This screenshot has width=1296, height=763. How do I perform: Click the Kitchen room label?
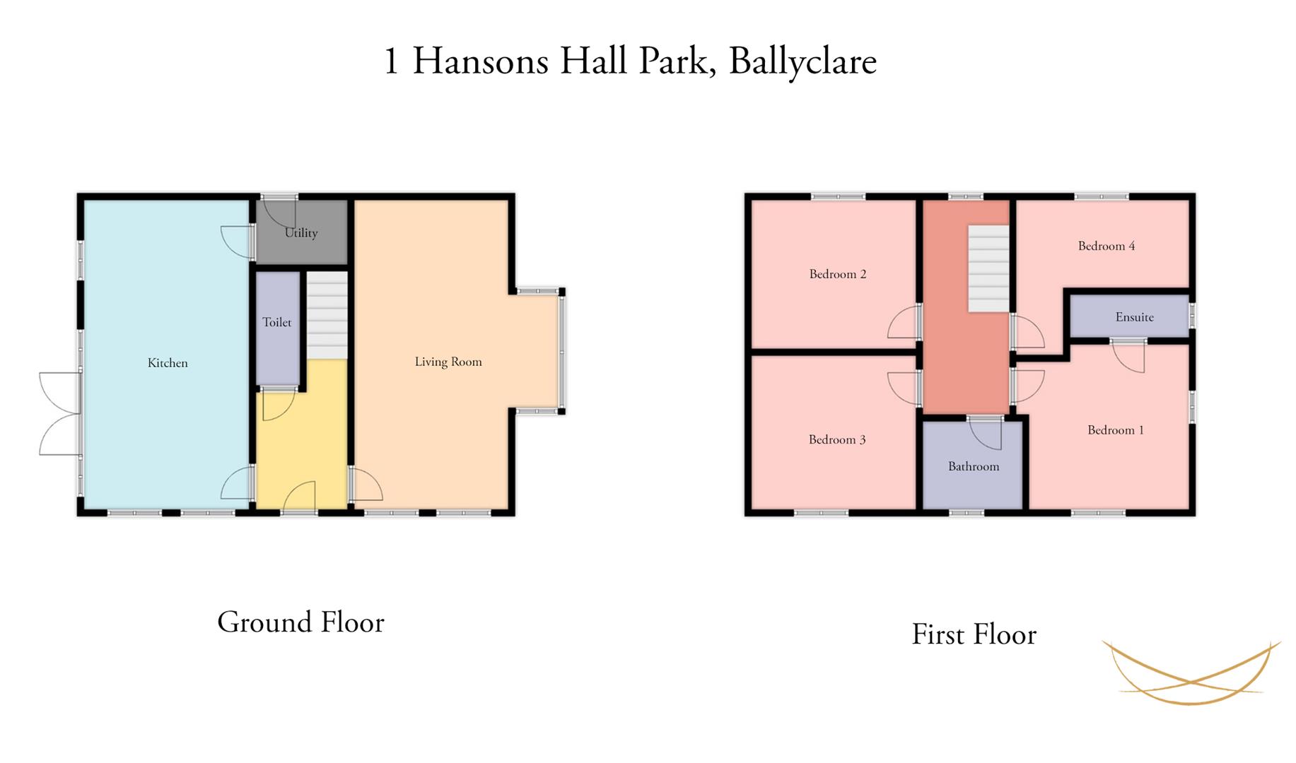pos(168,363)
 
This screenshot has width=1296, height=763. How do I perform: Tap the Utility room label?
pos(301,233)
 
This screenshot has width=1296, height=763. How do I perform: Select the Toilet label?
pos(277,322)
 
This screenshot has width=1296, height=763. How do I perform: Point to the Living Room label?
pos(448,362)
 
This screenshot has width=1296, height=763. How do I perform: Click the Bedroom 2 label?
pos(838,274)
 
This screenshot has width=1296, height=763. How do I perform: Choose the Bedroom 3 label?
pos(837,439)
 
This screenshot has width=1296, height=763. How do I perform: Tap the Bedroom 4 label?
pos(1107,246)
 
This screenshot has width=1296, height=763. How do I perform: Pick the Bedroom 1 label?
pos(1116,430)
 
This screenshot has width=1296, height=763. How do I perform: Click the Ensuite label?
pos(1135,317)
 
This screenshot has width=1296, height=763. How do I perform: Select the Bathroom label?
pos(974,466)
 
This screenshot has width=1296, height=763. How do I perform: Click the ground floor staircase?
pos(327,316)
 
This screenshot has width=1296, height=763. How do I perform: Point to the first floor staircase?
pos(988,268)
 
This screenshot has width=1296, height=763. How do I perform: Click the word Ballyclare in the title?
pos(802,62)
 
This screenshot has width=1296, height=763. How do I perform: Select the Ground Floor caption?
pos(300,622)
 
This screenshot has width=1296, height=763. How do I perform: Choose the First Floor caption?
pos(974,634)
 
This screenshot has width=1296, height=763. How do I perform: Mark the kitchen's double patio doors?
pos(60,413)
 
